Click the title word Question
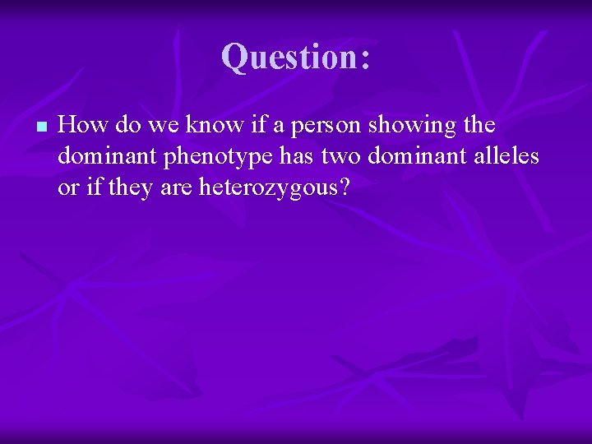pyautogui.click(x=288, y=57)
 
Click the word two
pyautogui.click(x=333, y=156)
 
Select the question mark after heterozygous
pyautogui.click(x=344, y=187)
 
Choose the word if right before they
pyautogui.click(x=89, y=187)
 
